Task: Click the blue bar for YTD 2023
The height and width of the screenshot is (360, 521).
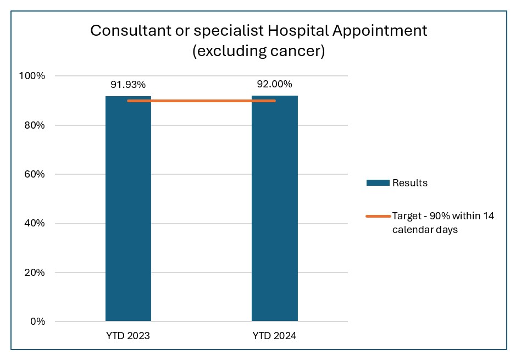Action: coord(128,209)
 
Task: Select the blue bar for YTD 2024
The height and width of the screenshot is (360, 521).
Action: coord(274,209)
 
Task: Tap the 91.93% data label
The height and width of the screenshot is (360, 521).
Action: coord(128,85)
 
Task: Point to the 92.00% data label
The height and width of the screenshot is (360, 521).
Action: coord(274,85)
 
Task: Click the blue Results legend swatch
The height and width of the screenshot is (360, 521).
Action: coord(378,183)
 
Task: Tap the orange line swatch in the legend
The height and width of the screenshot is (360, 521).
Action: coord(378,216)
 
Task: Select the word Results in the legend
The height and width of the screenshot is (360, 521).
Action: coord(409,183)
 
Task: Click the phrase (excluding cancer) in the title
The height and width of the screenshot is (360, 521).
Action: coord(258,52)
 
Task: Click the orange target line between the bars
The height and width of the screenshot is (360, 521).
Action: coord(201,101)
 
